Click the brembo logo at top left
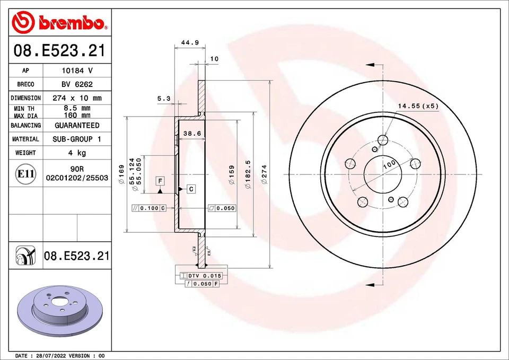[x=59, y=22]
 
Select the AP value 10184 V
[x=77, y=71]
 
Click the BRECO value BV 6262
[x=77, y=84]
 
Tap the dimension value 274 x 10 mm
[x=77, y=98]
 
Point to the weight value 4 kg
[x=77, y=153]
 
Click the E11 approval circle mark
[x=26, y=174]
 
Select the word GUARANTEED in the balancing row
[x=77, y=126]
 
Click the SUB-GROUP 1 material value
[x=77, y=139]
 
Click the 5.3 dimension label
[x=164, y=99]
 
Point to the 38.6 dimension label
[x=191, y=134]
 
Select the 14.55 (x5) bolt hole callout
[x=418, y=106]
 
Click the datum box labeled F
[x=160, y=181]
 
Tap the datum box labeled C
[x=191, y=189]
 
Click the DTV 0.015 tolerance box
[x=204, y=276]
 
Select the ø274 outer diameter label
[x=264, y=174]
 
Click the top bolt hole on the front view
[x=383, y=140]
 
